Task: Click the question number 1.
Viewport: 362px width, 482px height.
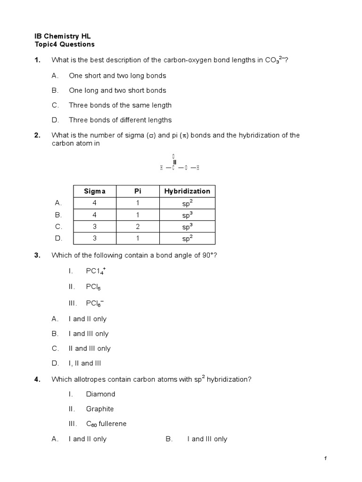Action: [37, 60]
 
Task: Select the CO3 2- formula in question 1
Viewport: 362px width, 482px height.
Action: [274, 60]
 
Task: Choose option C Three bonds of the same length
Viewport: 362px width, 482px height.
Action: [120, 105]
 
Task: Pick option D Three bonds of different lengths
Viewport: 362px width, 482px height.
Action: [120, 120]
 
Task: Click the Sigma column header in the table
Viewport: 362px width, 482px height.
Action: [95, 191]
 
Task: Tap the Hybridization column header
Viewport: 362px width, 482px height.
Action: [187, 191]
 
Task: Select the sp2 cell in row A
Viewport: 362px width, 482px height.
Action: [187, 203]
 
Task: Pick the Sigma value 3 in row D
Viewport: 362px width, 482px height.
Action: [95, 238]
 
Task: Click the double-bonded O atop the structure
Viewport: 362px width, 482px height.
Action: [174, 156]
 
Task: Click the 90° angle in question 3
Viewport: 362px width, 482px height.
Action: [207, 255]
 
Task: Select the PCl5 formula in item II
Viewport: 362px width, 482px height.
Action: [93, 286]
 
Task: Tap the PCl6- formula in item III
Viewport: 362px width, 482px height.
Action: [95, 304]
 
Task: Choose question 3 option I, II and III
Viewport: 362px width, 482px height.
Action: [85, 363]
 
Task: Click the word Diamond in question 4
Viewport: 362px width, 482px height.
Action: [100, 394]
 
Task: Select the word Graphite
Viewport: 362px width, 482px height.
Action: [100, 409]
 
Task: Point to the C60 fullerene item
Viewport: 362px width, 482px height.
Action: [106, 424]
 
